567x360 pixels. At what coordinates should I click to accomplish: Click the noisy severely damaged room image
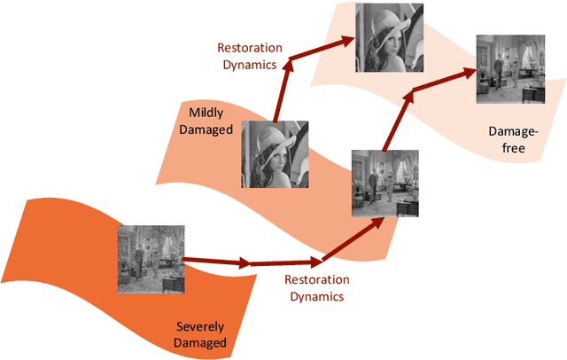point(151,259)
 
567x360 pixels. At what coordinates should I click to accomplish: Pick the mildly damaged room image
point(384,184)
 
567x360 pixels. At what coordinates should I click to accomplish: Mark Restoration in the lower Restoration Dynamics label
point(316,280)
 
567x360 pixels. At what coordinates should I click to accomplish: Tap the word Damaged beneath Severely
point(200,342)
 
